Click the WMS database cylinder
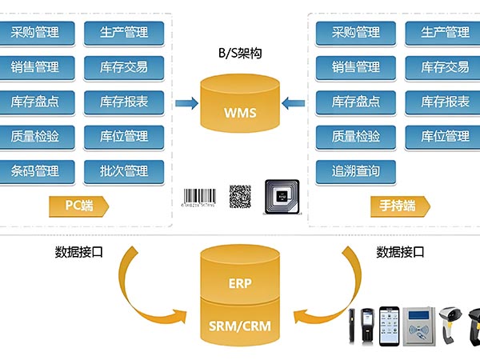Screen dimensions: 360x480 pos(241,103)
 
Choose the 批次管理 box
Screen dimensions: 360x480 pos(123,170)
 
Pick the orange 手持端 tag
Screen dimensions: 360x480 pos(398,206)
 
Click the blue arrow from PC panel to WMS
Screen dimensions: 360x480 pos(186,102)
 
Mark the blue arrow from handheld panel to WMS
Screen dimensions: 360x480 pos(294,102)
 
